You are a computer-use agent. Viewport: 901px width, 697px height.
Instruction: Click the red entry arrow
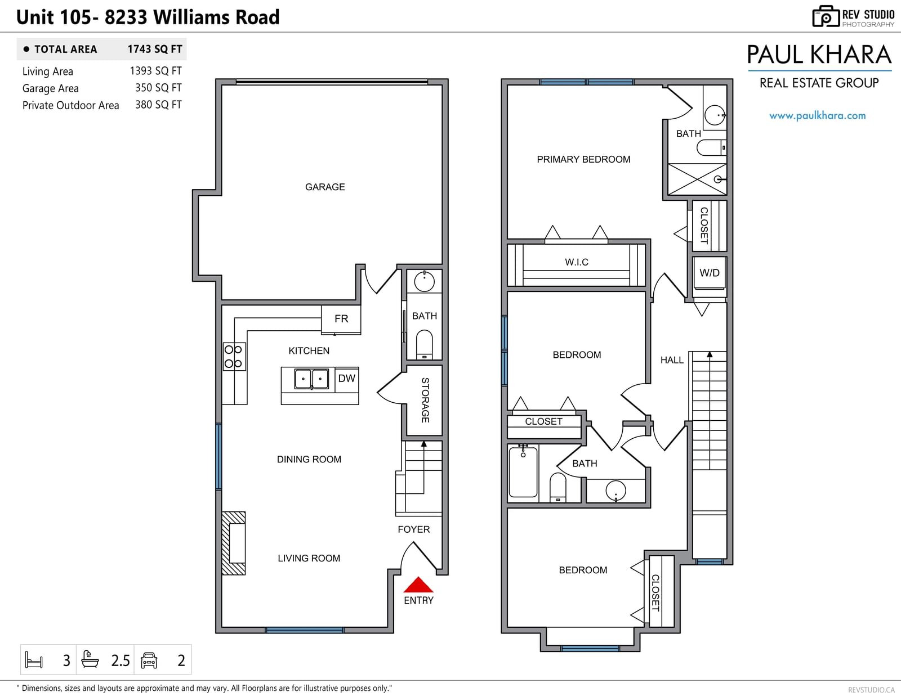tap(418, 584)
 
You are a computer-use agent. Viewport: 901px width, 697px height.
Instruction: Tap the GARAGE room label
tap(325, 187)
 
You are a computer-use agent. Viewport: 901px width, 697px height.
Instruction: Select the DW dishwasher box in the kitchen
tap(347, 379)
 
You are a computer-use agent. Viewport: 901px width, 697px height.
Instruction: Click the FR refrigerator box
tap(341, 320)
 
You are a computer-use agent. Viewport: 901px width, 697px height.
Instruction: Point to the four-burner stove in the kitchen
tap(234, 357)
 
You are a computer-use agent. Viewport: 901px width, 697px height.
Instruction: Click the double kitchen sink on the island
tap(311, 379)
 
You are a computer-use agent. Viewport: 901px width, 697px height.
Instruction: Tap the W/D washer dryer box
tap(710, 273)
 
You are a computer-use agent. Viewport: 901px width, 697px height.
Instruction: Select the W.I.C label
tap(576, 262)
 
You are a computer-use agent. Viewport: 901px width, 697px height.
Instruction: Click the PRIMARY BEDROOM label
tap(583, 159)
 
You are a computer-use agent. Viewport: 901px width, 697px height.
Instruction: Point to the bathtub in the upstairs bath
tap(523, 472)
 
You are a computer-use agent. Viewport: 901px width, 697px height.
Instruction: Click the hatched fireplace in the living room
tap(234, 543)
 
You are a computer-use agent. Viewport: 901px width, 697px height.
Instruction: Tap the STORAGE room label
tap(425, 400)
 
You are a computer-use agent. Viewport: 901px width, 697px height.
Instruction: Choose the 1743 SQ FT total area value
tap(155, 50)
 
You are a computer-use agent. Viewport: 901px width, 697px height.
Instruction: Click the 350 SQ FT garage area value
tap(158, 88)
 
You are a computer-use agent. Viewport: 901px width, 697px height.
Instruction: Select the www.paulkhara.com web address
tap(817, 115)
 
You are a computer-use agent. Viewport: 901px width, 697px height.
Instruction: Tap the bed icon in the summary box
tap(34, 660)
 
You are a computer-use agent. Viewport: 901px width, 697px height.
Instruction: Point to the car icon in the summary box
tap(149, 660)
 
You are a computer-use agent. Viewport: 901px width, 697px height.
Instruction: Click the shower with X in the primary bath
tap(697, 179)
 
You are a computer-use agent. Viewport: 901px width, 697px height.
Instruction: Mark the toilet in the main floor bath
tap(424, 344)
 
